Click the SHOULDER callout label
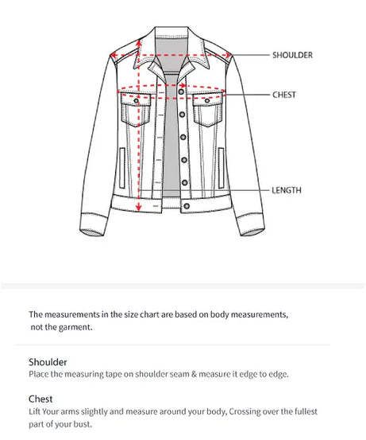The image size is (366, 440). (x=292, y=55)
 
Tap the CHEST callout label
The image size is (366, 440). (x=283, y=95)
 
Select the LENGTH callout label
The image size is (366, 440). (x=286, y=191)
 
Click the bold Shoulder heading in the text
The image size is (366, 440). (x=48, y=361)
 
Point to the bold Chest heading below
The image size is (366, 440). (x=40, y=398)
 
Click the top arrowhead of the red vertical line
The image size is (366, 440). (x=140, y=37)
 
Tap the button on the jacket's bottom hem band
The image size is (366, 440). (x=187, y=206)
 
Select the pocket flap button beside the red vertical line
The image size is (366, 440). (x=137, y=102)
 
